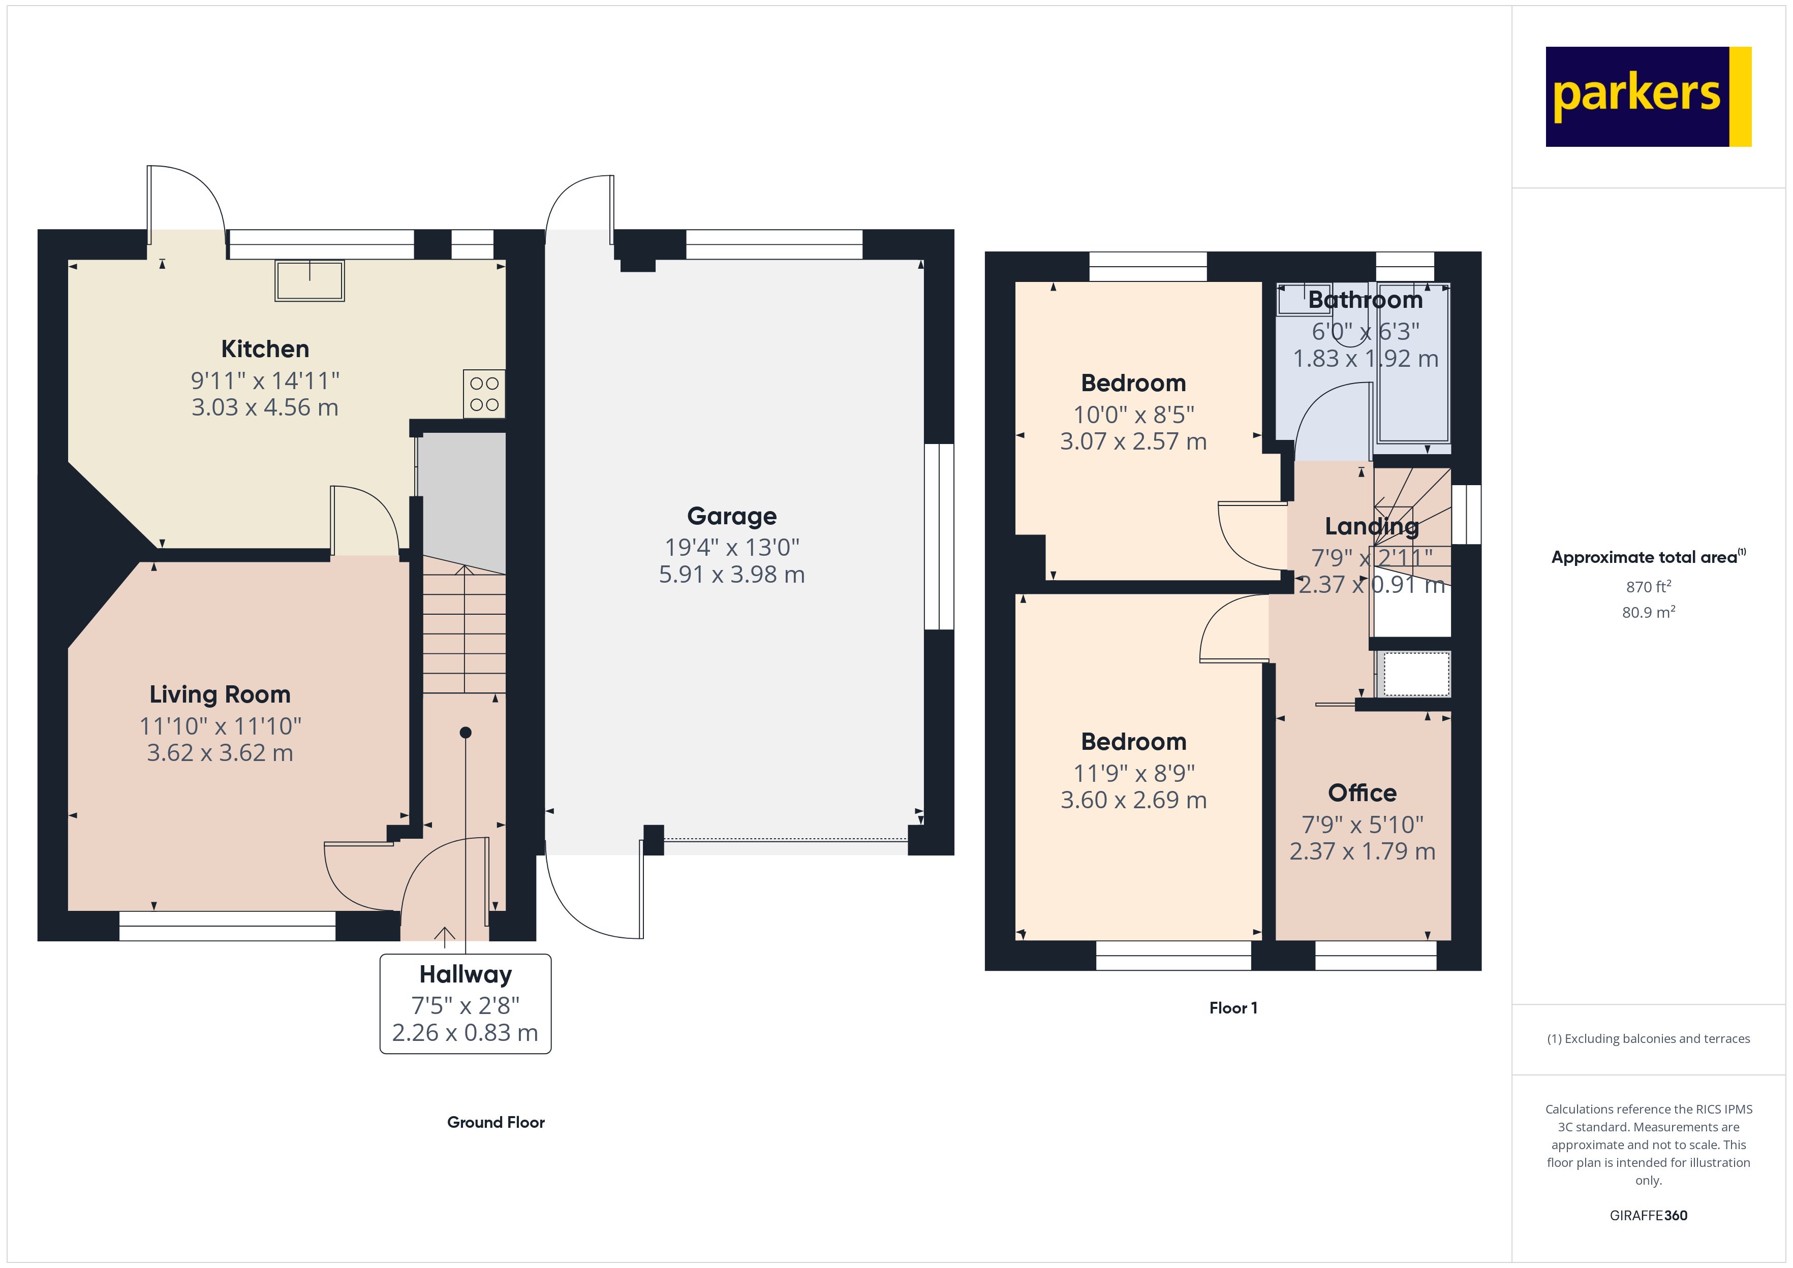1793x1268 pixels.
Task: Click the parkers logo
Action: tap(1648, 97)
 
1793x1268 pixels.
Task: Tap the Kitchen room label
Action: tap(265, 349)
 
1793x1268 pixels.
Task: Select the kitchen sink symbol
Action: tap(309, 280)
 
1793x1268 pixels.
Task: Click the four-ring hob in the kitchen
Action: tap(484, 394)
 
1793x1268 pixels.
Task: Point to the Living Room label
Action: tap(220, 694)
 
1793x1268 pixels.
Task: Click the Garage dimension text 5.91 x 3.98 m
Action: tap(732, 575)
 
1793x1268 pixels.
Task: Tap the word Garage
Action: tap(732, 516)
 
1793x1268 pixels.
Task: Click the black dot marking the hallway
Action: tap(466, 733)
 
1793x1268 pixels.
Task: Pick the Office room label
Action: tap(1362, 794)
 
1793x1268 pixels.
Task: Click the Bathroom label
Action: tap(1365, 300)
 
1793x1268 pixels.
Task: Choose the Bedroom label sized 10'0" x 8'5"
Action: tap(1133, 384)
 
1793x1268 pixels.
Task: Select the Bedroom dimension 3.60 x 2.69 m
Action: tap(1133, 800)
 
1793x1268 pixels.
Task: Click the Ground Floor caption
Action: tap(496, 1122)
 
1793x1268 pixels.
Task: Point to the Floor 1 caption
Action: tap(1233, 1008)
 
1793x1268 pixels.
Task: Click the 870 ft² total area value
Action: tap(1649, 586)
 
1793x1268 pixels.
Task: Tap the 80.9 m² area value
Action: tap(1649, 612)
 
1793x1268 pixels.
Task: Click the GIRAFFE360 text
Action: tap(1649, 1216)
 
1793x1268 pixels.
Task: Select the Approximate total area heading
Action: tap(1648, 557)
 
